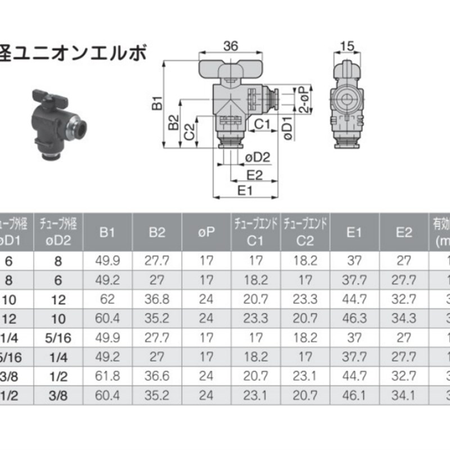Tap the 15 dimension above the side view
point(347,46)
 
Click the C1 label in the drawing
point(262,123)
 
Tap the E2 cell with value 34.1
point(404,396)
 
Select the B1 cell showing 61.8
point(107,376)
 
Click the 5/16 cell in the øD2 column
point(58,338)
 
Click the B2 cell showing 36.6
point(157,376)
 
